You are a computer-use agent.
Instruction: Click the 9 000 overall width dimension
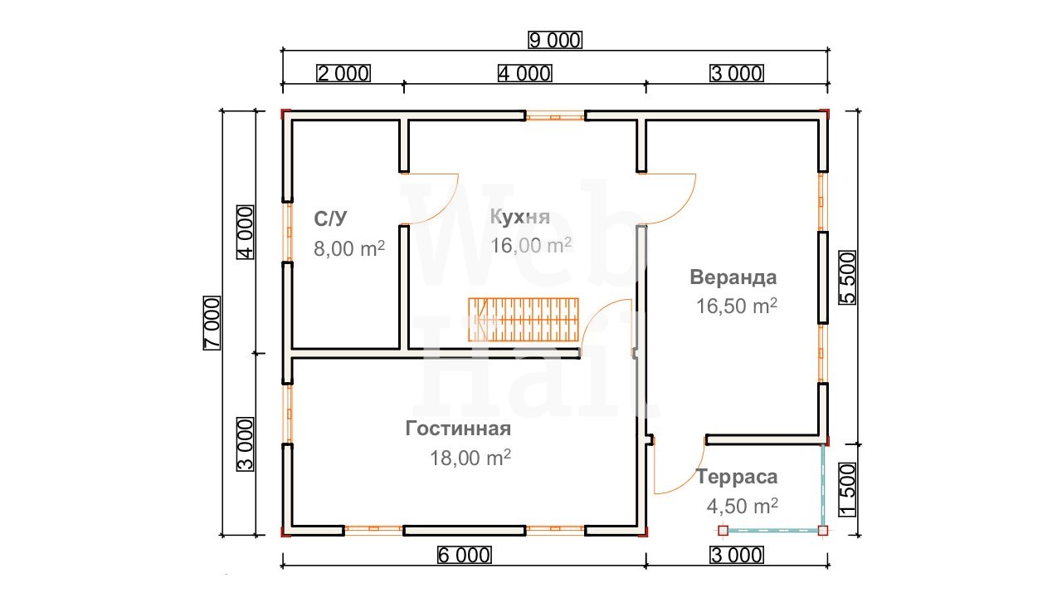click(x=555, y=41)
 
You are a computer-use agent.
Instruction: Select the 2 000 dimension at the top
click(x=343, y=74)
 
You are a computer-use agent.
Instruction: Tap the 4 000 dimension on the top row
click(x=525, y=74)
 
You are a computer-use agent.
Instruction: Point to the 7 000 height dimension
click(x=212, y=323)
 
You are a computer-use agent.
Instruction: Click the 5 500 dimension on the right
click(x=848, y=278)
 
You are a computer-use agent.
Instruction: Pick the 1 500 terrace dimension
click(x=848, y=490)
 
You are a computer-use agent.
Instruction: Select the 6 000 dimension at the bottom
click(x=464, y=556)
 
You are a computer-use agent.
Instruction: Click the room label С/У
click(x=330, y=218)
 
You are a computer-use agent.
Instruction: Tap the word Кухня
click(x=519, y=217)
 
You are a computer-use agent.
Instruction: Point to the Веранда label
click(x=733, y=277)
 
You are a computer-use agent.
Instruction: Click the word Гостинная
click(x=458, y=429)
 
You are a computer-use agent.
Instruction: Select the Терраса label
click(x=736, y=477)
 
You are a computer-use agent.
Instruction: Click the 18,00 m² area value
click(x=470, y=458)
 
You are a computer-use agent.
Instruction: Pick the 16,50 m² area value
click(x=736, y=306)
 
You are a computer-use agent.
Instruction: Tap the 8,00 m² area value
click(x=349, y=248)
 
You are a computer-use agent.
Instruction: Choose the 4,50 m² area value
click(x=742, y=506)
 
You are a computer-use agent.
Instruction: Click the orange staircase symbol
click(x=524, y=320)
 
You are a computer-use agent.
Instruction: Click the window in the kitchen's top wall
click(x=555, y=115)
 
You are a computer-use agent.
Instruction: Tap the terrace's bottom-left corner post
click(x=723, y=530)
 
